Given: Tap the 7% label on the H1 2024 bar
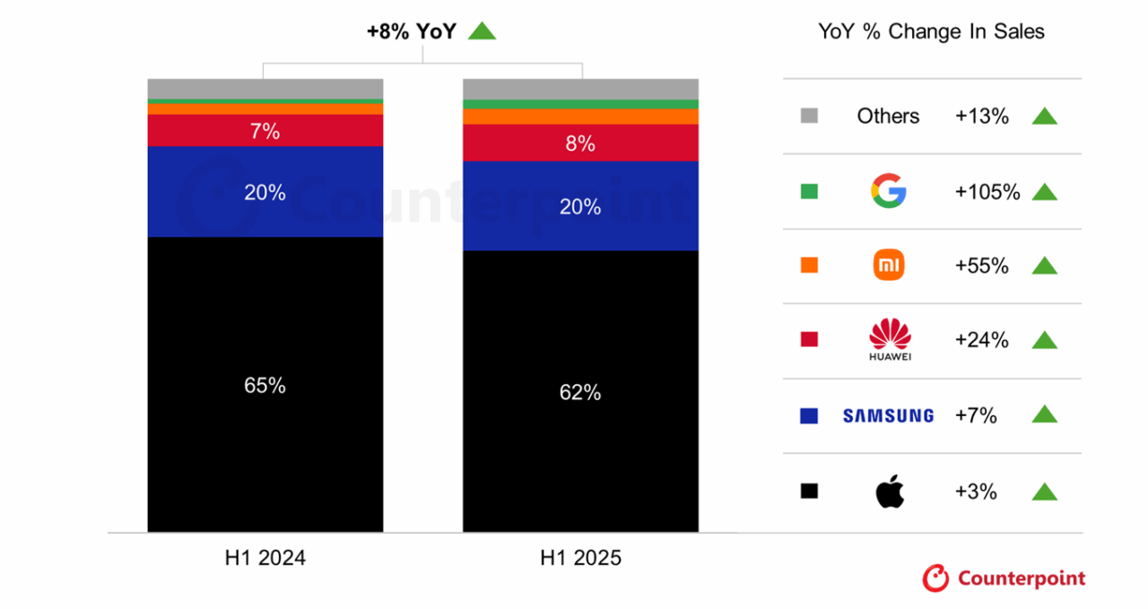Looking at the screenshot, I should [x=265, y=132].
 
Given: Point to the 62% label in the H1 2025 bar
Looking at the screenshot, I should [x=580, y=392].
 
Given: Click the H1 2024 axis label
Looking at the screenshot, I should [x=265, y=558].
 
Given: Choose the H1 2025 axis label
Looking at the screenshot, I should [x=580, y=558].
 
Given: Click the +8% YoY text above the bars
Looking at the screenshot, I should [x=412, y=31].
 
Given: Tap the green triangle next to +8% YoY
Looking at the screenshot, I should [x=482, y=31].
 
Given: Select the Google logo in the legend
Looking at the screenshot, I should [x=888, y=191].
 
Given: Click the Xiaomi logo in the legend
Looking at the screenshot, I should [x=888, y=265].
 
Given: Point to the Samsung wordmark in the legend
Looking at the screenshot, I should [x=888, y=415].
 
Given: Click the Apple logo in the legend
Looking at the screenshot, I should [x=889, y=492].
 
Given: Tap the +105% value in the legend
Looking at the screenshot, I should [x=987, y=191].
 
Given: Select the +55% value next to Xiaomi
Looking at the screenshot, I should [x=982, y=265].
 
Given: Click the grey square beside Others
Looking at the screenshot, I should [x=809, y=116].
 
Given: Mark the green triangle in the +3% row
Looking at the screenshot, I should [x=1044, y=492].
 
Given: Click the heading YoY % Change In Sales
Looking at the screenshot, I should [x=931, y=31].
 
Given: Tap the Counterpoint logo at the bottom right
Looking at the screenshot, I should [x=1004, y=579].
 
